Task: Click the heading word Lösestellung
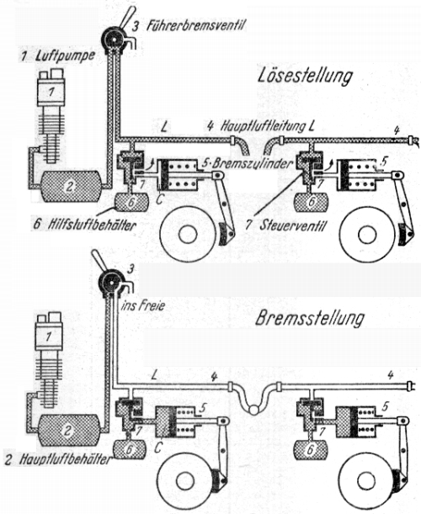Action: click(305, 76)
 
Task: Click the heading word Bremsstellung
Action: click(310, 318)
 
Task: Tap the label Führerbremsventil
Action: click(195, 25)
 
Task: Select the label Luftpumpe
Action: click(64, 56)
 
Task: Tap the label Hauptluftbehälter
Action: click(65, 459)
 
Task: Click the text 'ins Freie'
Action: click(143, 306)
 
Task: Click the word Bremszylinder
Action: click(252, 163)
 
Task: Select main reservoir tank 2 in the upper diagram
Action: click(70, 187)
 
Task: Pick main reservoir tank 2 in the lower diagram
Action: click(68, 430)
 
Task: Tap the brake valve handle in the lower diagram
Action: click(99, 261)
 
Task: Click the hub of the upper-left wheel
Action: click(188, 235)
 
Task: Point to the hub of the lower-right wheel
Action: click(364, 481)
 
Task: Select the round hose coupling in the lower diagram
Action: click(253, 410)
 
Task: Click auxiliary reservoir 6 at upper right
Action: click(311, 202)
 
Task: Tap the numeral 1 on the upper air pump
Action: click(51, 92)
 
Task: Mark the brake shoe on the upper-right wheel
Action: click(403, 235)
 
